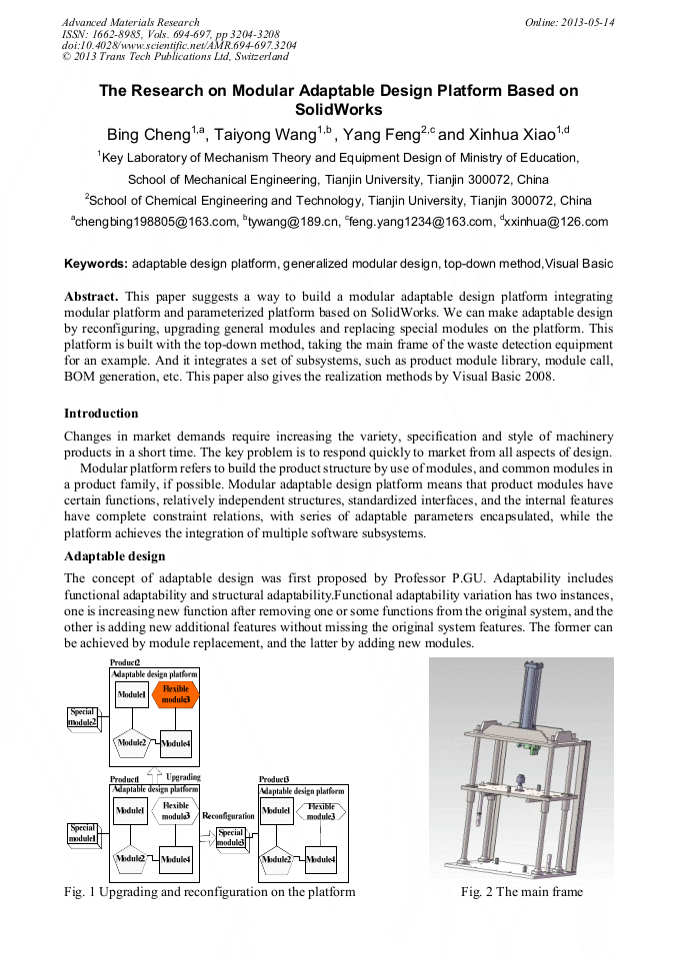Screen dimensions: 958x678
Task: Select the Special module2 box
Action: tap(83, 716)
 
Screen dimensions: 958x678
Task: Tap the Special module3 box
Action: tap(231, 837)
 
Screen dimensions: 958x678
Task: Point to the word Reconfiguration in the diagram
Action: tap(228, 816)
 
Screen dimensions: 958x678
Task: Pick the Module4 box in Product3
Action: tap(320, 858)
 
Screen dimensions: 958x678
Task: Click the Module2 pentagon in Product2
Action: tap(131, 742)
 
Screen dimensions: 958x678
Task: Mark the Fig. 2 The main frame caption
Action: tap(521, 892)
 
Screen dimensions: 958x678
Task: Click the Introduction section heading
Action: tap(101, 413)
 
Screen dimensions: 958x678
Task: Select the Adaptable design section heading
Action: tap(114, 555)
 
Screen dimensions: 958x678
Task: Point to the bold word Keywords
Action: tap(96, 264)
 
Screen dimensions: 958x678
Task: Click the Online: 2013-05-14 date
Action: tap(570, 22)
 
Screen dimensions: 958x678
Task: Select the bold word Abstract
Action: tap(91, 297)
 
